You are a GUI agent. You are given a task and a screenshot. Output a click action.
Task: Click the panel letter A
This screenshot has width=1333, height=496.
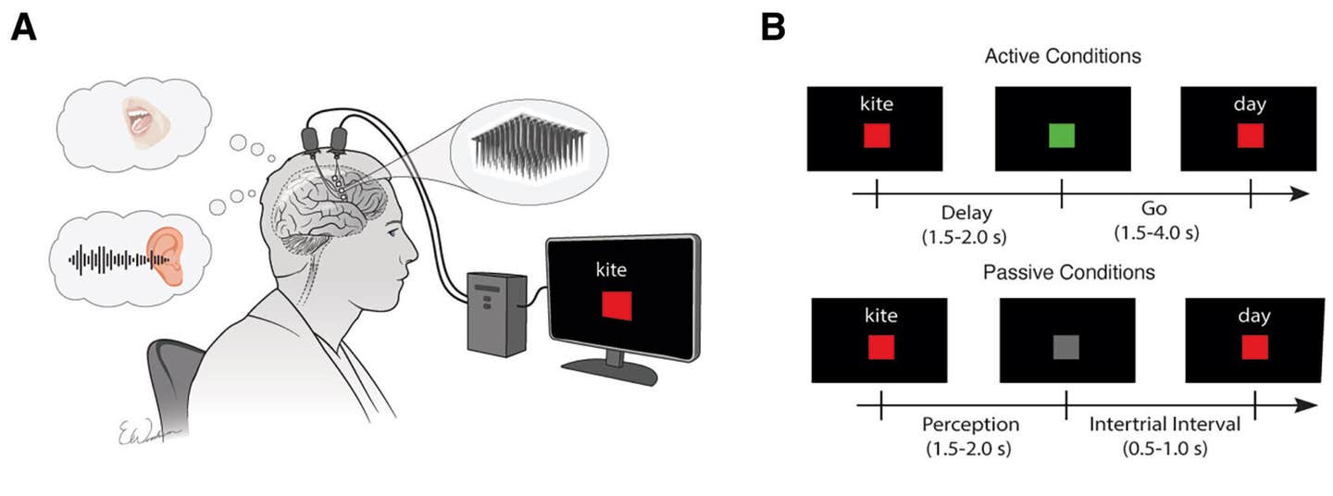25,28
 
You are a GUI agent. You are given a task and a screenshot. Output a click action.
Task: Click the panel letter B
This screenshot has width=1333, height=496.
772,28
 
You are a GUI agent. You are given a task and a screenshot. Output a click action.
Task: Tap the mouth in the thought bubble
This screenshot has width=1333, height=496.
142,120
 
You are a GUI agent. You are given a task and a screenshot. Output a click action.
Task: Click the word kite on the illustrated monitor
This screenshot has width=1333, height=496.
611,270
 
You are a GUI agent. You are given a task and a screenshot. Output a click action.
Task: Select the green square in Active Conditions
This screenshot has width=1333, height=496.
1062,136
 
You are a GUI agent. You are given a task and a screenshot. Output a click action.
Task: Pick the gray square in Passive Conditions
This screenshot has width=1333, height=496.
1065,347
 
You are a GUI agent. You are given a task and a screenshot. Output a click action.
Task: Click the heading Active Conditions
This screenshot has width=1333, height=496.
1063,56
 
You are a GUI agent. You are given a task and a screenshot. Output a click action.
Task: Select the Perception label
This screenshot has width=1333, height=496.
970,426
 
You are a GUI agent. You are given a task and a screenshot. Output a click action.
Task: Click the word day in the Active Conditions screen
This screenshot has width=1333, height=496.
1251,104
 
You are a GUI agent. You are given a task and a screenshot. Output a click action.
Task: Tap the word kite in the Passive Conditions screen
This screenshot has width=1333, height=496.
880,316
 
